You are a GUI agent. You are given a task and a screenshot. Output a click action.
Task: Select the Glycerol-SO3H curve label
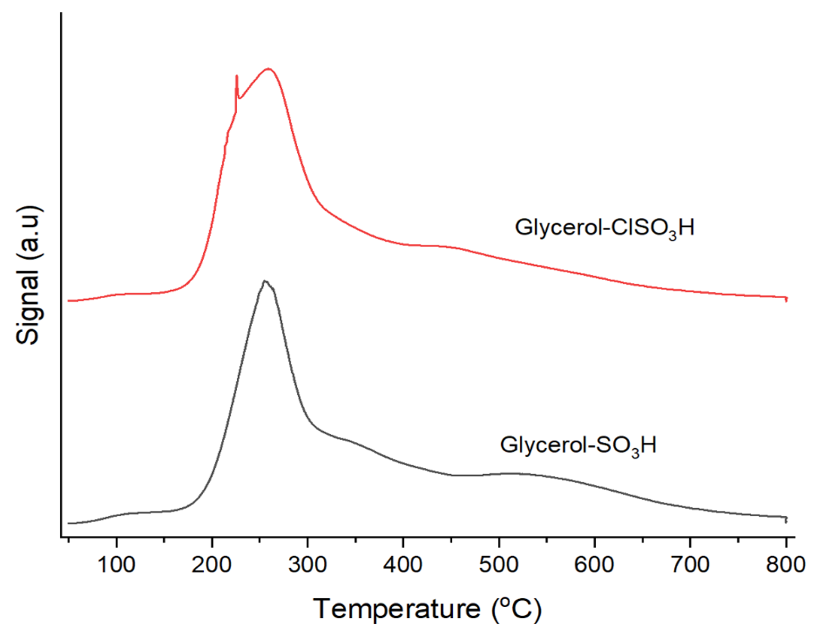click(x=578, y=446)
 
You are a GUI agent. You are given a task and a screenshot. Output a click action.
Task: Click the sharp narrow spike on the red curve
click(x=237, y=77)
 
